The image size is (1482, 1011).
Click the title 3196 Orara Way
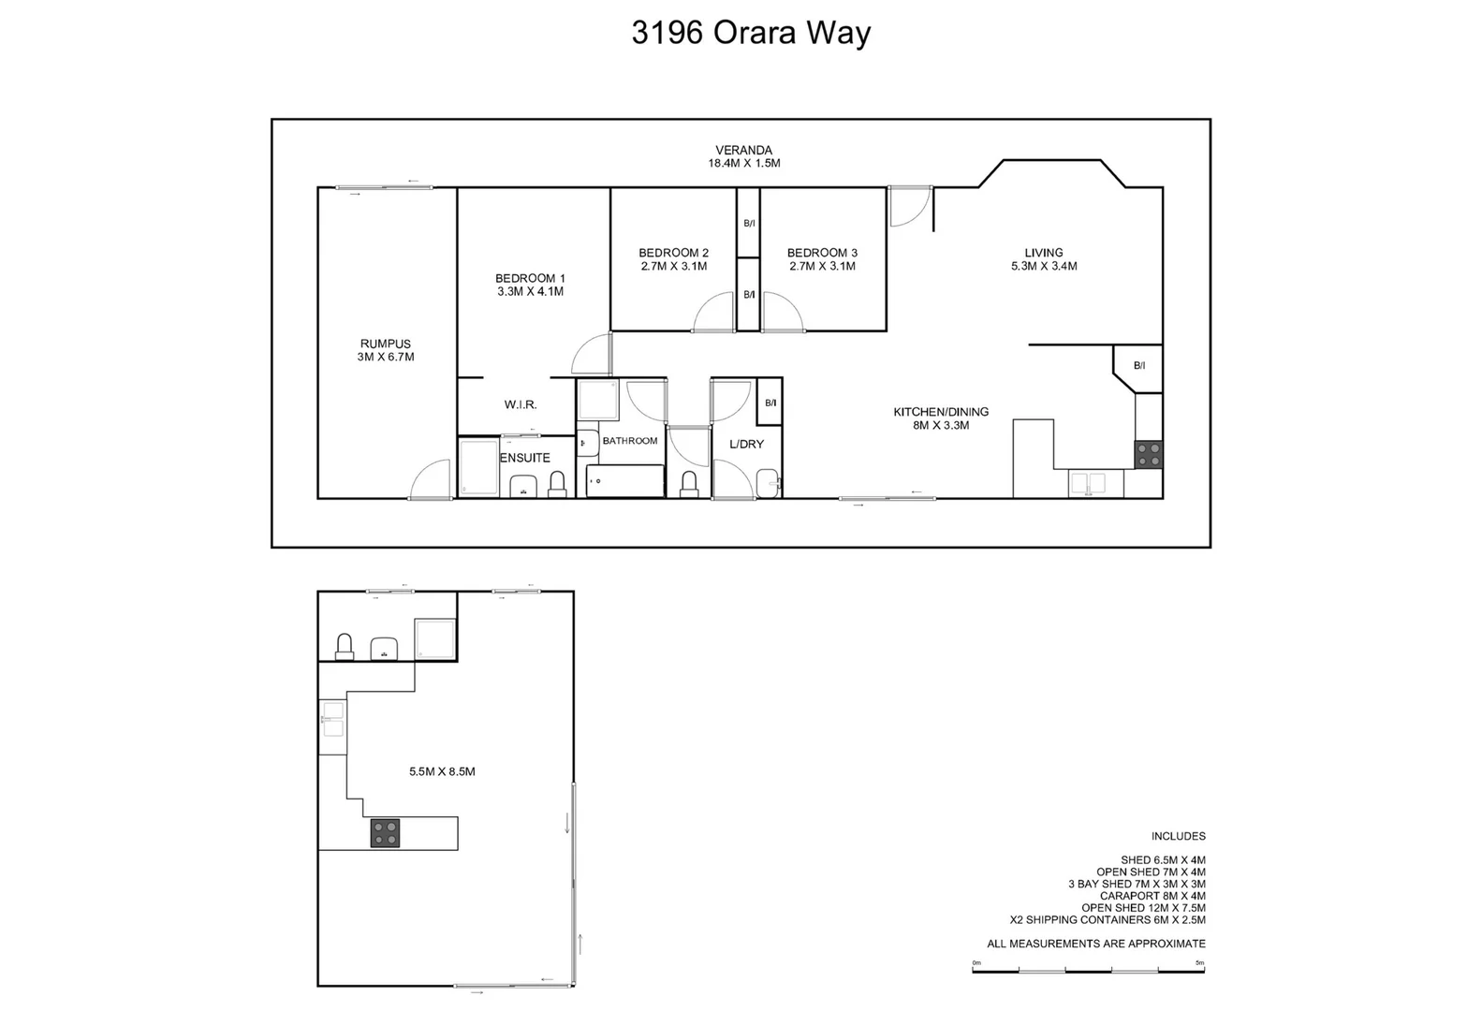[x=751, y=33]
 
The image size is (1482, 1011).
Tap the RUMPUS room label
[x=385, y=344]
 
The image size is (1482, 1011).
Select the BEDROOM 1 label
[x=530, y=278]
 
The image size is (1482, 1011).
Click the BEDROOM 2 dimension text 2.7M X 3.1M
[x=673, y=266]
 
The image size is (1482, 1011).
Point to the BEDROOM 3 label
[x=822, y=253]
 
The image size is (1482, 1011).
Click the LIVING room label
[x=1043, y=253]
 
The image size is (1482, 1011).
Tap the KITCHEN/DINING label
[x=941, y=412]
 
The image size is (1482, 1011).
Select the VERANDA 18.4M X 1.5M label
[x=743, y=156]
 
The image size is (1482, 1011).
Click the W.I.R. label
[x=521, y=404]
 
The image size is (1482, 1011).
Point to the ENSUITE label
[x=525, y=458]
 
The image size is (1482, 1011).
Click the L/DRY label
[x=746, y=444]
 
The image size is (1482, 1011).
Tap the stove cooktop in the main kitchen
[x=1149, y=455]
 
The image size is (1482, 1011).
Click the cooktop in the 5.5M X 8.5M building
[x=385, y=833]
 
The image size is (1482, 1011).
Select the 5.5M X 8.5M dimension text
[x=442, y=771]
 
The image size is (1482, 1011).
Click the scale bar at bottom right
[x=1088, y=971]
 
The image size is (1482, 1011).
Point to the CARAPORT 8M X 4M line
[x=1152, y=896]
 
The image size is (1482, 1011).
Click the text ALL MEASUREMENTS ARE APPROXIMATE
[x=1095, y=944]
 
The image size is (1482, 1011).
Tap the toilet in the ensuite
[x=557, y=483]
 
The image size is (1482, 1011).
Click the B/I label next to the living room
[x=1139, y=365]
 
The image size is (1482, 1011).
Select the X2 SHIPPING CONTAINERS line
[x=1108, y=919]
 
